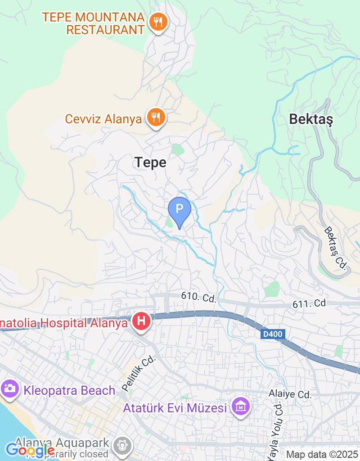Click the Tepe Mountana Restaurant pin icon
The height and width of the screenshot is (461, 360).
click(x=157, y=21)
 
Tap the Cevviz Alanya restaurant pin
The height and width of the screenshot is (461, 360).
click(x=156, y=118)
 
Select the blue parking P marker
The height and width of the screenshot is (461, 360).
click(x=179, y=210)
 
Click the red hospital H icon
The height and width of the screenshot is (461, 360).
click(x=141, y=321)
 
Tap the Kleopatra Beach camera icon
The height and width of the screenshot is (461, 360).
click(x=9, y=388)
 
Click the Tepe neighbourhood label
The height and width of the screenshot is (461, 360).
click(x=151, y=163)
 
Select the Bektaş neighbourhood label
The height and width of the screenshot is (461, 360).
click(x=310, y=119)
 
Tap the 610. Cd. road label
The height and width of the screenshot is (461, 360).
click(x=199, y=297)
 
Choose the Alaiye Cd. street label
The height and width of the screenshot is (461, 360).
click(x=290, y=395)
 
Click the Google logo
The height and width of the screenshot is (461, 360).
click(x=30, y=450)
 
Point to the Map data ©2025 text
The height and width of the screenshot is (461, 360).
click(x=322, y=455)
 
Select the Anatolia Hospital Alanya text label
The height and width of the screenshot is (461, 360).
click(x=63, y=323)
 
